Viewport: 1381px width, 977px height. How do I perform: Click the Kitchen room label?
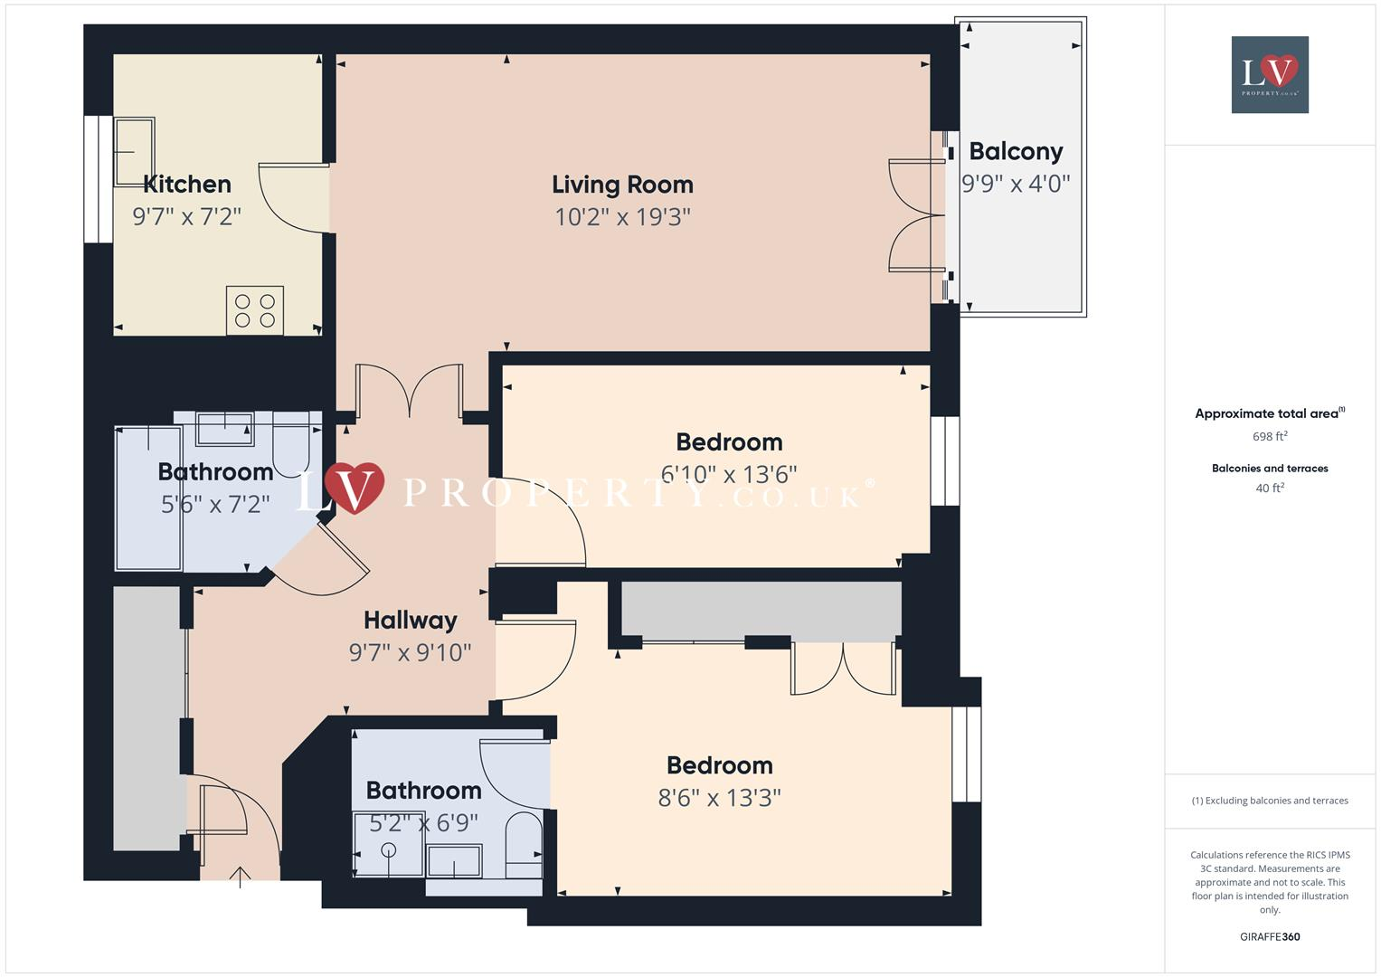(187, 185)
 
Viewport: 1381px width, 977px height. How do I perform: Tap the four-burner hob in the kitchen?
(254, 310)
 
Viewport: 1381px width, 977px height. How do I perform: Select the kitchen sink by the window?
(134, 151)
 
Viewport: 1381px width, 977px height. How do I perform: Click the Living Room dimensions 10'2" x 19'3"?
(622, 217)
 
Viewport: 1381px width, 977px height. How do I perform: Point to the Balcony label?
(1016, 151)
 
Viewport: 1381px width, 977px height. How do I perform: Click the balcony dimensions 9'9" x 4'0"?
(1016, 184)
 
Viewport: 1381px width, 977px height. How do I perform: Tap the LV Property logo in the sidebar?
(1269, 74)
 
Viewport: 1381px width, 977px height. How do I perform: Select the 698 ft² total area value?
(1269, 436)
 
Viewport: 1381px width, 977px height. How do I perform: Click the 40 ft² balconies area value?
(1269, 488)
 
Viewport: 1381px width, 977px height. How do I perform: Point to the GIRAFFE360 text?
(1269, 936)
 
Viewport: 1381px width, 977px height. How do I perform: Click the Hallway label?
(410, 621)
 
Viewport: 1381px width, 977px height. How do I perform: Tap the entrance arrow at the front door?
(240, 876)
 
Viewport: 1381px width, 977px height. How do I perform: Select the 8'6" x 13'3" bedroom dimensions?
(719, 798)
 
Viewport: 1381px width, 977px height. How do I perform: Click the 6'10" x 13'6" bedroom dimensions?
(729, 475)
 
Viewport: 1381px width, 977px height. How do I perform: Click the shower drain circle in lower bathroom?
(389, 849)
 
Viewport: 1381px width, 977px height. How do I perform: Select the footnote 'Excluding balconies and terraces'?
(1269, 801)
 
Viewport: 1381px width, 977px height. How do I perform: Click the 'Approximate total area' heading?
(1266, 413)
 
